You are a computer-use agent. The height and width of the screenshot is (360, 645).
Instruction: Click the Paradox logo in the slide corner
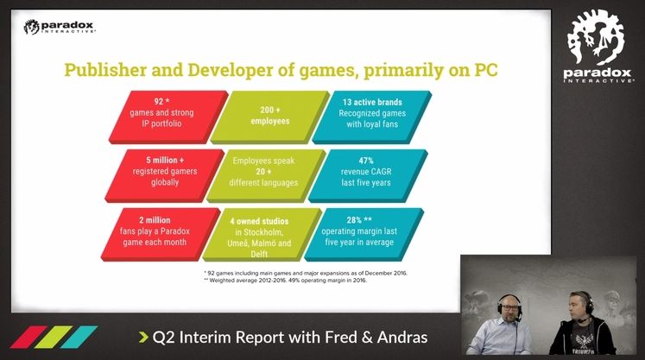60,27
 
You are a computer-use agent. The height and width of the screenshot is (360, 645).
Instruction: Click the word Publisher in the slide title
105,70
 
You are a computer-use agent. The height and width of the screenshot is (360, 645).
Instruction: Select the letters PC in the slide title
486,70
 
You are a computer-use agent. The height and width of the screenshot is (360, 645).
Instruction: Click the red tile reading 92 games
168,117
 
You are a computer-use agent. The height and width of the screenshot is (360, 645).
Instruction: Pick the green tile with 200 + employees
270,117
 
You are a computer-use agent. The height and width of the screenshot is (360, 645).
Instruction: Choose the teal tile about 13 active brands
371,117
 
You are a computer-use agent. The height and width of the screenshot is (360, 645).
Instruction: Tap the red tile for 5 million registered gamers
164,175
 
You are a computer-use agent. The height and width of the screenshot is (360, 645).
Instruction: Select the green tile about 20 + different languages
266,175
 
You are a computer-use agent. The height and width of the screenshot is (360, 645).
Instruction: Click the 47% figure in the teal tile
366,161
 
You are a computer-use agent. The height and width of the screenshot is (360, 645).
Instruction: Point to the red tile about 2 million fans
160,235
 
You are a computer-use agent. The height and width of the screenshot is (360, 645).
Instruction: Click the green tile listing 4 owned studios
262,235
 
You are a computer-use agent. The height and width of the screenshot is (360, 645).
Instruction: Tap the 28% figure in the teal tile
354,220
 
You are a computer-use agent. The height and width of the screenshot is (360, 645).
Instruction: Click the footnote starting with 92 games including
306,273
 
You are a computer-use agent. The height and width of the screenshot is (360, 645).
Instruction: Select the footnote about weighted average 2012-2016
285,281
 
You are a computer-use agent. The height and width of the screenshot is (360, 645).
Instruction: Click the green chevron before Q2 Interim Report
143,338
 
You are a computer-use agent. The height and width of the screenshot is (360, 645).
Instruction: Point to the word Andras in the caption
402,338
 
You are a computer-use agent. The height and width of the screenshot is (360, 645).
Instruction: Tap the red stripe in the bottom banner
28,337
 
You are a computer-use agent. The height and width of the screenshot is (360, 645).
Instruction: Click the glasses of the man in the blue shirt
509,307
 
